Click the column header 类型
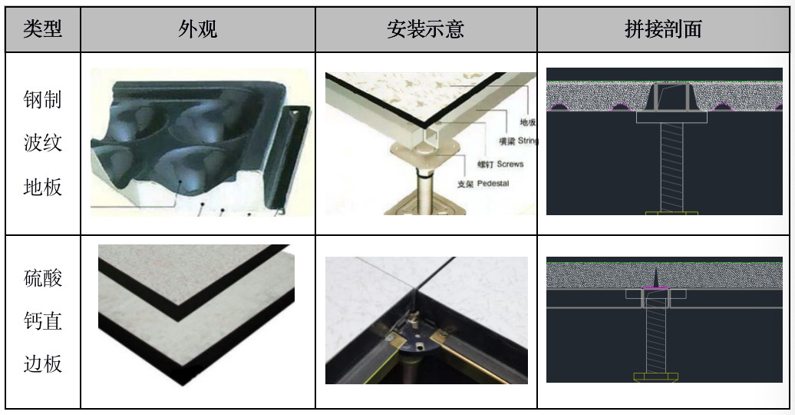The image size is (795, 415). coord(43,29)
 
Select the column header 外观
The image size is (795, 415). coord(198,29)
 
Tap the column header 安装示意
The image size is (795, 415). coord(425,29)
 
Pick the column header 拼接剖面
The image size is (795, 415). coord(663,29)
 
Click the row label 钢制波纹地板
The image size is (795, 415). coord(43,143)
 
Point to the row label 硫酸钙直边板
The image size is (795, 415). coord(43,321)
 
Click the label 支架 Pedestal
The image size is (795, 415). coord(483,184)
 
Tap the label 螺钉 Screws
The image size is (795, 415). coord(500,164)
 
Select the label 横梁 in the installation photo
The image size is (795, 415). coord(506,141)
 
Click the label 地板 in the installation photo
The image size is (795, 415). coord(528,122)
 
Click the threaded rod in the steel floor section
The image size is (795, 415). coord(671,167)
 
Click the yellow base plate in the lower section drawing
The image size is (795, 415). coord(655,377)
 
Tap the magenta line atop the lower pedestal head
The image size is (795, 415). coord(656,288)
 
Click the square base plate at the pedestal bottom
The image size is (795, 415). coord(425,206)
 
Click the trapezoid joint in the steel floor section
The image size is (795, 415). coord(671,97)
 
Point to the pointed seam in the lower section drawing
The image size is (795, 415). coord(656,277)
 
